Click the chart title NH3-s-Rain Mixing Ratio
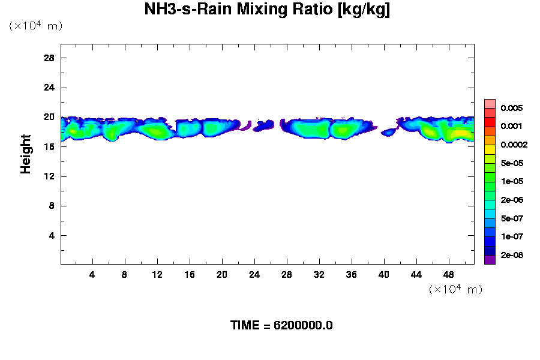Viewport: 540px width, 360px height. click(x=267, y=10)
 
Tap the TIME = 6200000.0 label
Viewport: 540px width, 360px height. click(x=281, y=325)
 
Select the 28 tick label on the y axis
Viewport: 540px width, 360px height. click(x=49, y=58)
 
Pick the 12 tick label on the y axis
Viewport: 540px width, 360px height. click(x=49, y=176)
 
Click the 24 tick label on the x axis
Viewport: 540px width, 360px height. click(x=254, y=275)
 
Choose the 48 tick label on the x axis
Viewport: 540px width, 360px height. click(x=448, y=275)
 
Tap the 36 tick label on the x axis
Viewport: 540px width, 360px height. click(x=351, y=275)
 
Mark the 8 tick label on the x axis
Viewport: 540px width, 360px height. click(x=125, y=275)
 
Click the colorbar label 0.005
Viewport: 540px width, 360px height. click(x=512, y=108)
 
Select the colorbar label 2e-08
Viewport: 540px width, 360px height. click(x=512, y=255)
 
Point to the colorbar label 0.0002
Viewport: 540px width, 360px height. click(x=514, y=145)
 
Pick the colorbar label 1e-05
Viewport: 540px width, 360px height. click(x=512, y=181)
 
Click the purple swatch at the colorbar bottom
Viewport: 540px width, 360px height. click(x=490, y=260)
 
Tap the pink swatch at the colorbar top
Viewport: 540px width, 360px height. click(x=490, y=103)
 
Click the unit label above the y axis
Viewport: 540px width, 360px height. click(x=35, y=26)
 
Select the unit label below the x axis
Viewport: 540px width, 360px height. click(x=455, y=289)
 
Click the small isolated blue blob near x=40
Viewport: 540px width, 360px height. click(x=388, y=132)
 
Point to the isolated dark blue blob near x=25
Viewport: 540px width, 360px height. click(x=263, y=126)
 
